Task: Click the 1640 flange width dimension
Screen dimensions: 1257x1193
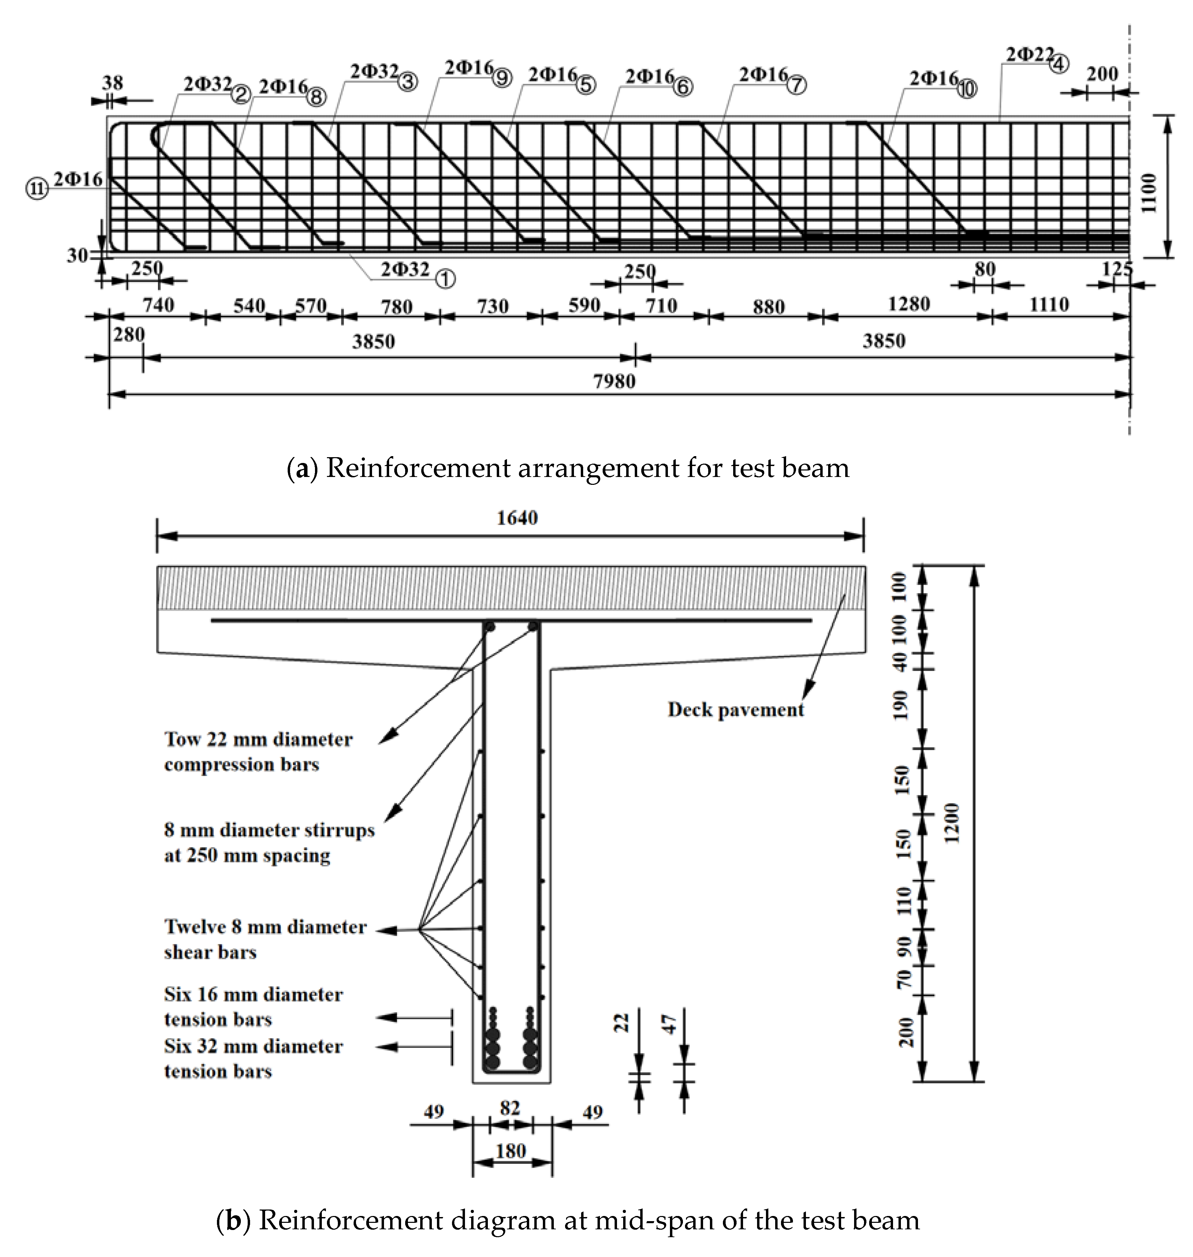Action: pyautogui.click(x=517, y=518)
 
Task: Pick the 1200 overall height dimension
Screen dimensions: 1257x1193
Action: pyautogui.click(x=952, y=822)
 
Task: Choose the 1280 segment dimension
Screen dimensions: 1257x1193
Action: pyautogui.click(x=909, y=305)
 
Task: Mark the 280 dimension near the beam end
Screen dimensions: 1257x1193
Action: pyautogui.click(x=129, y=334)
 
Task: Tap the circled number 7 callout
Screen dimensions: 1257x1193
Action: pyautogui.click(x=797, y=85)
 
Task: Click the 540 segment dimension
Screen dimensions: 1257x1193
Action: pyautogui.click(x=249, y=306)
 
